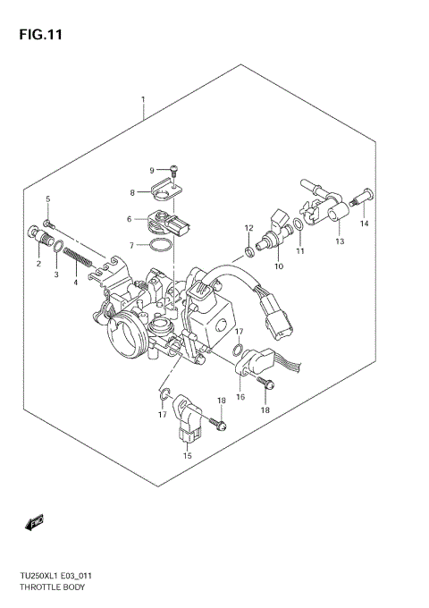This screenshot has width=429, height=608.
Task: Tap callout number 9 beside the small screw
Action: pyautogui.click(x=152, y=170)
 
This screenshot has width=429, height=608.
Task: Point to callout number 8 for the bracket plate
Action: pyautogui.click(x=132, y=191)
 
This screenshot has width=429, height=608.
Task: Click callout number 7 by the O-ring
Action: pyautogui.click(x=131, y=245)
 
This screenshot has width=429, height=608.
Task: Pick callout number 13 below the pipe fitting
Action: pyautogui.click(x=340, y=241)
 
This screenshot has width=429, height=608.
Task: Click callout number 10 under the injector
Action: pyautogui.click(x=279, y=266)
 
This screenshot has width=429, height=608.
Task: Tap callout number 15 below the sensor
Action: pyautogui.click(x=188, y=456)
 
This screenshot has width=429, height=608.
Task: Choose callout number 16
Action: pyautogui.click(x=240, y=396)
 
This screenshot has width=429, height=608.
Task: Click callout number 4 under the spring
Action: pyautogui.click(x=75, y=283)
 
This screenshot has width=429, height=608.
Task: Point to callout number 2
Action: pyautogui.click(x=38, y=264)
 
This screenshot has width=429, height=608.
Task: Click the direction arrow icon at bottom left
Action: pyautogui.click(x=37, y=521)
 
